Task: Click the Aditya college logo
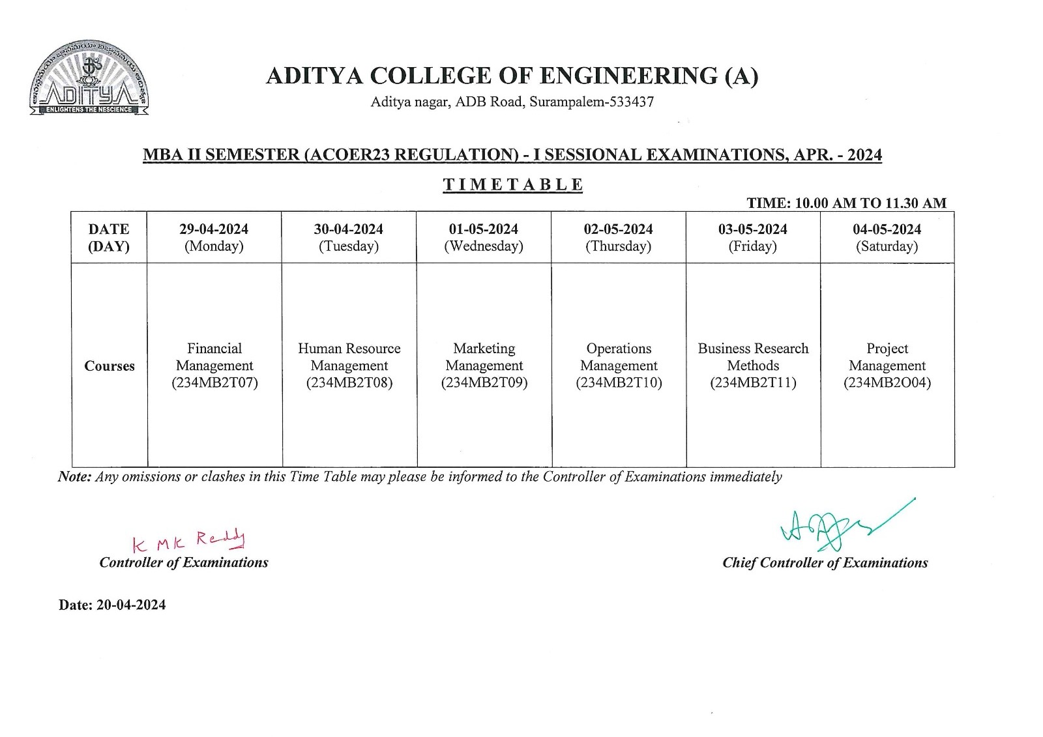[x=89, y=79]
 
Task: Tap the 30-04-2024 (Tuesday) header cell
[x=348, y=237]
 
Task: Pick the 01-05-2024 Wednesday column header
[x=483, y=237]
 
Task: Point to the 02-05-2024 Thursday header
[x=618, y=237]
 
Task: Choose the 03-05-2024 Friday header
[x=752, y=237]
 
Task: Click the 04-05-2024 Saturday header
[x=887, y=237]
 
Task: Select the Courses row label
[x=110, y=366]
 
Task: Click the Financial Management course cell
[x=214, y=366]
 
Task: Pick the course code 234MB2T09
[x=484, y=383]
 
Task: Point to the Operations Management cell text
[x=619, y=357]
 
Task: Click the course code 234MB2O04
[x=887, y=383]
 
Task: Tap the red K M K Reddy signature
[x=188, y=541]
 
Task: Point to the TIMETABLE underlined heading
[x=513, y=185]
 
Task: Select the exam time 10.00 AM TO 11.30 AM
[x=846, y=203]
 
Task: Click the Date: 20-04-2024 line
[x=112, y=605]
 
